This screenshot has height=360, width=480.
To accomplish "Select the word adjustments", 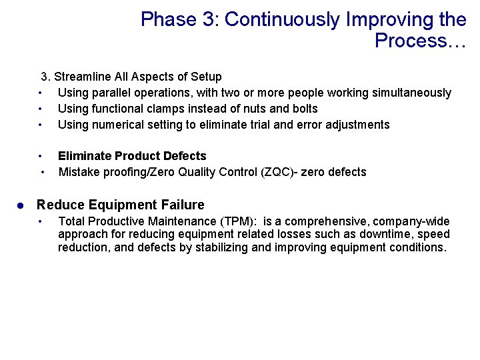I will [x=357, y=124].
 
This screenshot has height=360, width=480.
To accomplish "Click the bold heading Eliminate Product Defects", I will [x=132, y=156].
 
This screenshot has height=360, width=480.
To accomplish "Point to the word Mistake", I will [x=79, y=172].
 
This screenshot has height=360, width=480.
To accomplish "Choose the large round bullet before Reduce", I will [x=21, y=205].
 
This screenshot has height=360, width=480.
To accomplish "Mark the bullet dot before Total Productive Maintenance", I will [x=41, y=221].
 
